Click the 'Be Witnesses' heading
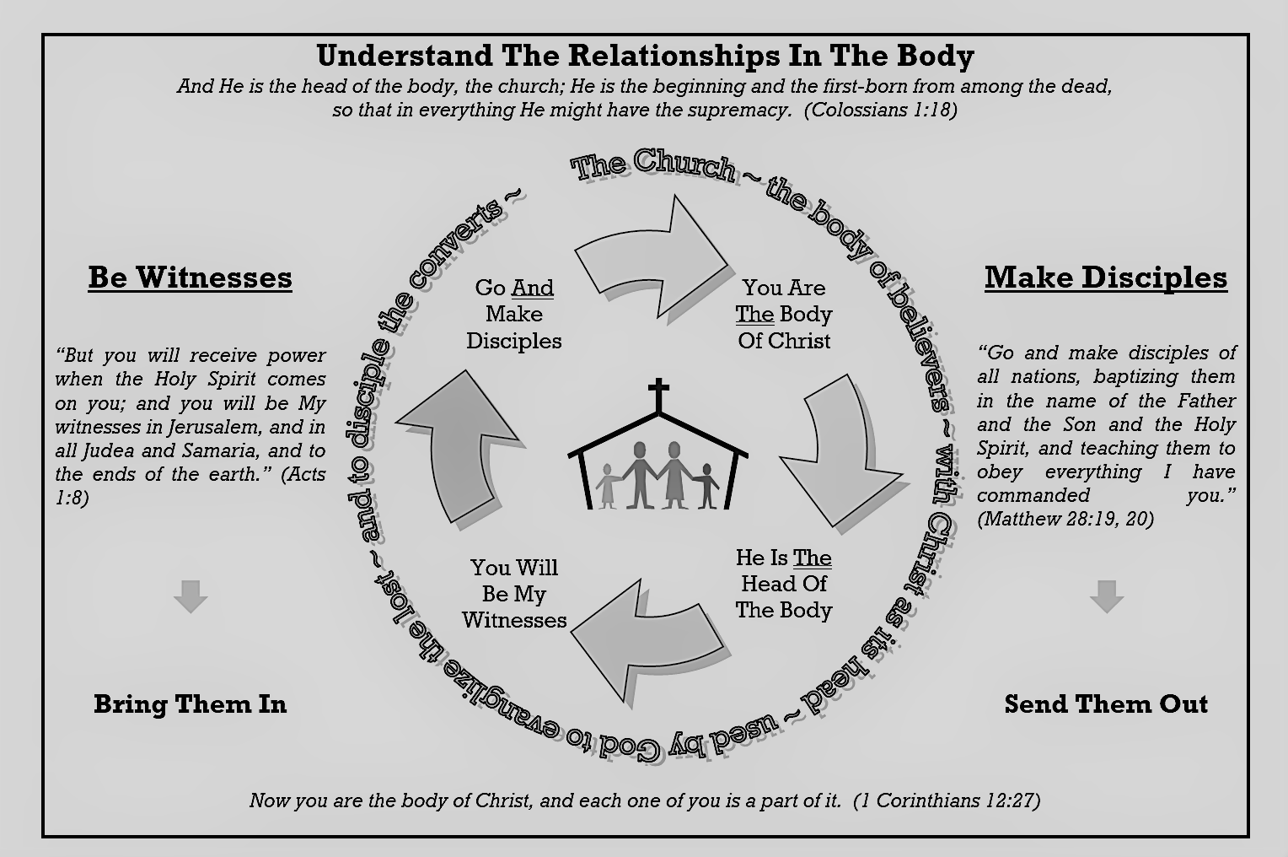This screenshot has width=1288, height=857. (x=190, y=278)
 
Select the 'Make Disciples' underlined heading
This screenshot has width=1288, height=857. (x=1105, y=278)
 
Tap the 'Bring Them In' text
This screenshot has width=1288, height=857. (x=190, y=703)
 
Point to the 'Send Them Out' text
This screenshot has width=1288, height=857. (x=1106, y=703)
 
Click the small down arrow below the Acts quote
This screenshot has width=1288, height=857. (x=191, y=596)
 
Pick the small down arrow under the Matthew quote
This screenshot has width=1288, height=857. (x=1106, y=596)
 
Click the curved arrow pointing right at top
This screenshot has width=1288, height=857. (x=657, y=257)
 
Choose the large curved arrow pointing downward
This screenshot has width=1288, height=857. (x=843, y=447)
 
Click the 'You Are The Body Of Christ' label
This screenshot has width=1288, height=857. (x=784, y=314)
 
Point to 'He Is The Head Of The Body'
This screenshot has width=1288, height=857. (x=784, y=584)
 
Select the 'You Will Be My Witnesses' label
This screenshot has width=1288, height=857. (x=514, y=594)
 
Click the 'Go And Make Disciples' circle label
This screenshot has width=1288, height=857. (x=514, y=314)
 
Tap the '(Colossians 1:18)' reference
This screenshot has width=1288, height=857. (x=880, y=110)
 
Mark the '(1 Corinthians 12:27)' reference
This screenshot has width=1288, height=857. (x=947, y=800)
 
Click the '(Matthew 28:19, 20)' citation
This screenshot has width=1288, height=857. (x=1065, y=519)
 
